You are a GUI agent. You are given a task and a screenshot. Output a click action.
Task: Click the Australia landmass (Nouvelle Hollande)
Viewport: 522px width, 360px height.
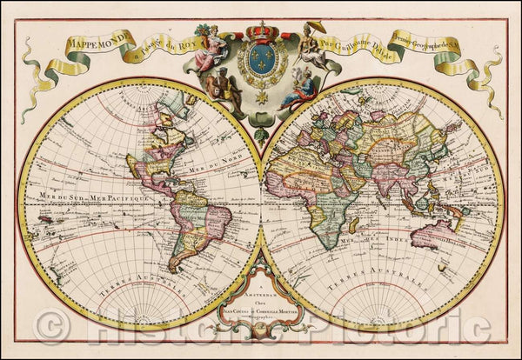pos(432,232)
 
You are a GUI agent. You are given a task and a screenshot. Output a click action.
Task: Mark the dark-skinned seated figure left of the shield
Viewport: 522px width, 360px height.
pos(209,89)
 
